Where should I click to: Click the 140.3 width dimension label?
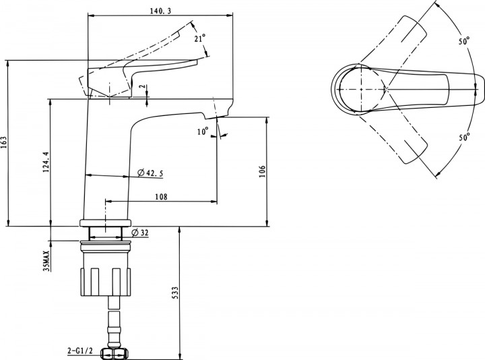coord(160,11)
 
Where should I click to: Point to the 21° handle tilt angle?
coord(200,38)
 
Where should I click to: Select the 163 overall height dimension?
coord(4,142)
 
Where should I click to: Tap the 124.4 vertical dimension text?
coord(46,162)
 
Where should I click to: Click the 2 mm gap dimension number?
coord(142,87)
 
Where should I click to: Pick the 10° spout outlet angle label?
coord(203,131)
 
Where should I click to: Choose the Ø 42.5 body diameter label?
coord(150,173)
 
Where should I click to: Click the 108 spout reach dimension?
coord(161,197)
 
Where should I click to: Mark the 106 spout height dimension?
coord(262,171)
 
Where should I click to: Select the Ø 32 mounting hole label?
coord(140,233)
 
